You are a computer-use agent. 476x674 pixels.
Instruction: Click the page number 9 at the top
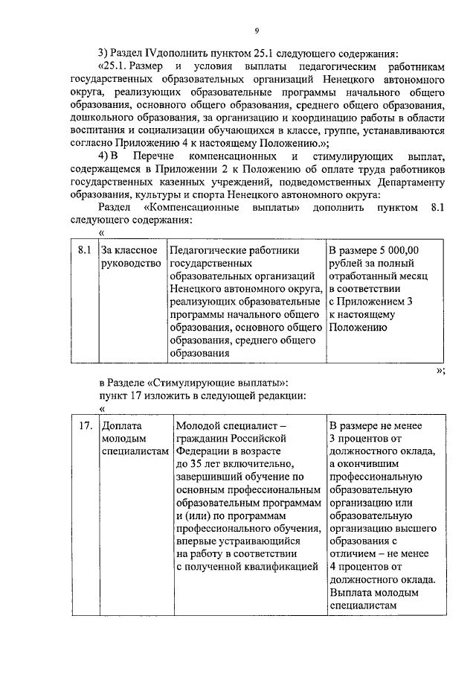(x=256, y=30)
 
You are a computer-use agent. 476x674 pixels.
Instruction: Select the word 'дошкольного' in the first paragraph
(x=107, y=118)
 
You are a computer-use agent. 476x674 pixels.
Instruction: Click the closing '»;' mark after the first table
(x=440, y=369)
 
